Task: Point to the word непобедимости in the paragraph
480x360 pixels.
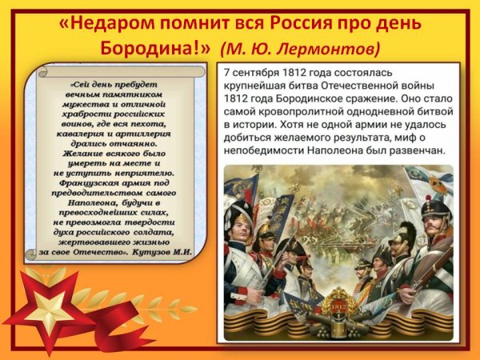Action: tap(268, 150)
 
